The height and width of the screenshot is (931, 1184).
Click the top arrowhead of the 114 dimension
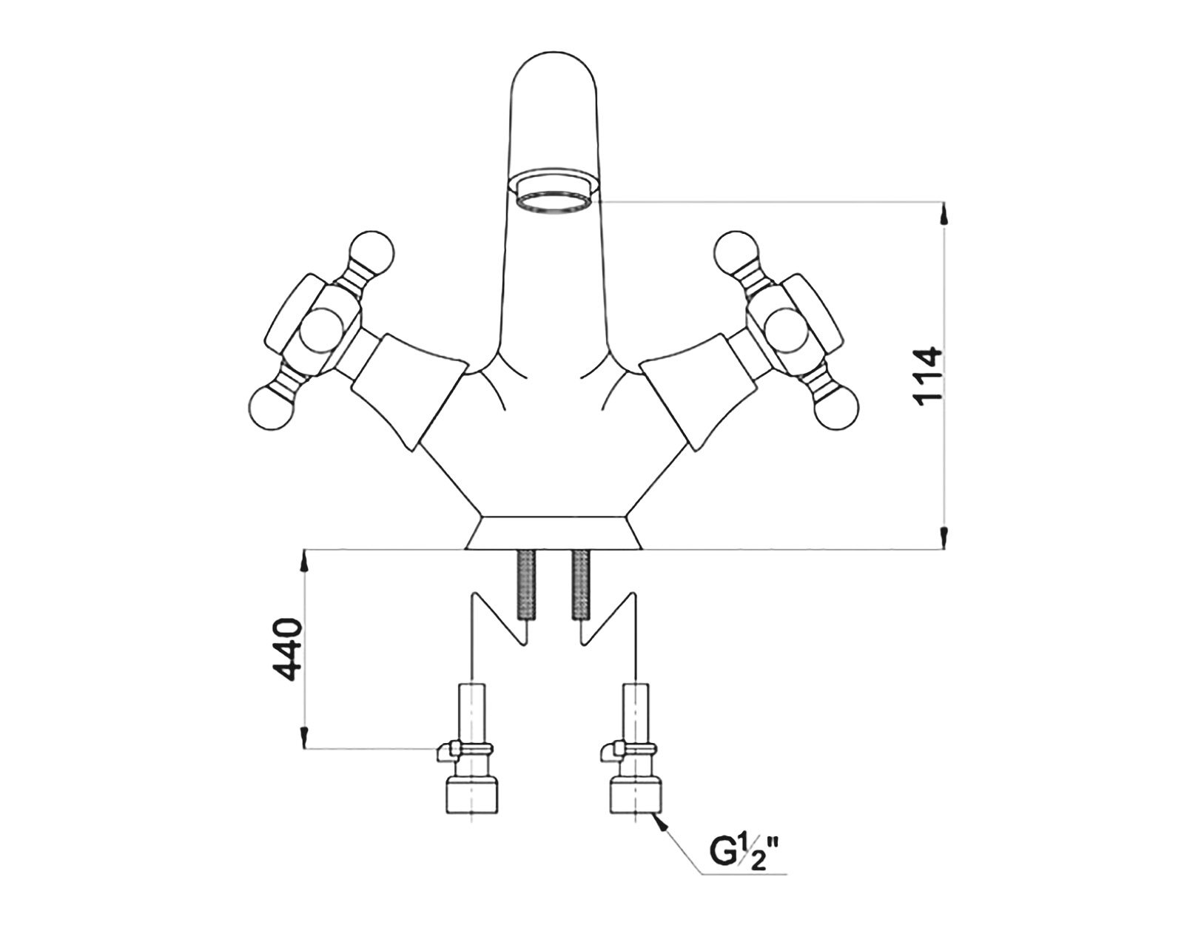pyautogui.click(x=943, y=215)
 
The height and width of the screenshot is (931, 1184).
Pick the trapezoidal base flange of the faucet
pyautogui.click(x=554, y=532)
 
